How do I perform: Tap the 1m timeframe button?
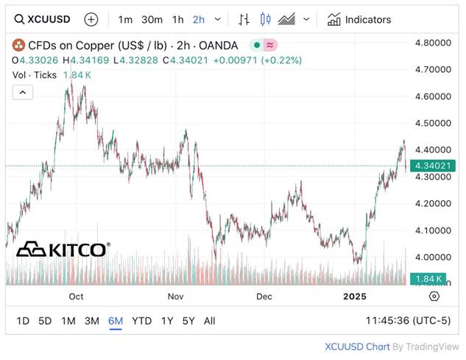126,19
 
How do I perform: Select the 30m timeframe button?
152,19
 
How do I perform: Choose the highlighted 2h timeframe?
199,19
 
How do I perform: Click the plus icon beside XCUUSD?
91,19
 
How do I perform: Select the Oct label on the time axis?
76,296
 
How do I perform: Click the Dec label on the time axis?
264,296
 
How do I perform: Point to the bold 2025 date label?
355,296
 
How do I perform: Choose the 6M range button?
115,321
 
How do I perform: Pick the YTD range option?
141,321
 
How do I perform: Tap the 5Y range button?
188,321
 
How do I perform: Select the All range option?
210,321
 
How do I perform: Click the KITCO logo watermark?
63,250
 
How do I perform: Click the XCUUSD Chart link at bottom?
357,346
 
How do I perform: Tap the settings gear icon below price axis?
434,296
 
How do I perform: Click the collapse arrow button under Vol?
22,92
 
